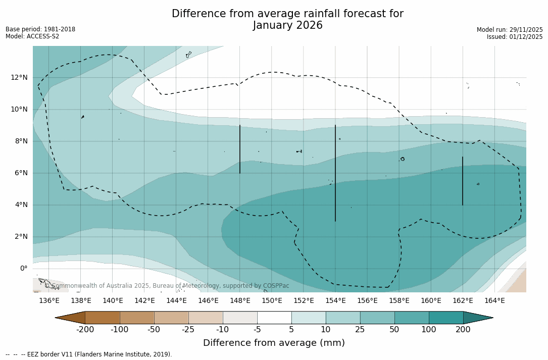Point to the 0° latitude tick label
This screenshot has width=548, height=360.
[x=23, y=268]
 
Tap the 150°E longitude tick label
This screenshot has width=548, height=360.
[x=272, y=300]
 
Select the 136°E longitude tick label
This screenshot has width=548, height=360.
[x=49, y=300]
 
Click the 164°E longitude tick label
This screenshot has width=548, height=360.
[x=494, y=300]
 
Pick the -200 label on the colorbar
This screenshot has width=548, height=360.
[x=85, y=330]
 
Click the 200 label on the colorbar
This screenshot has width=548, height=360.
[x=463, y=330]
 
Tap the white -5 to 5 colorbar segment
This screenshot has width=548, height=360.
[x=274, y=318]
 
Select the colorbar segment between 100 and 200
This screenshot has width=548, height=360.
[x=446, y=318]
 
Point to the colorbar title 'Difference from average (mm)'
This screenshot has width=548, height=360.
[x=274, y=343]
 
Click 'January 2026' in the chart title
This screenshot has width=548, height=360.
[x=287, y=25]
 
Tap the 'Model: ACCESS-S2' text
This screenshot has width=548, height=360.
[x=32, y=36]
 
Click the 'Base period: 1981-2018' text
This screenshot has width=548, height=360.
[x=40, y=29]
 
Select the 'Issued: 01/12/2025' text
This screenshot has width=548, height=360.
[x=515, y=37]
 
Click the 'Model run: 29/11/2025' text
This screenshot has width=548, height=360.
[x=510, y=30]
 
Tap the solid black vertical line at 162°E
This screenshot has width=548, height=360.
[x=463, y=181]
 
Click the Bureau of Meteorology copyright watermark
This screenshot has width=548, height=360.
[x=167, y=286]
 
